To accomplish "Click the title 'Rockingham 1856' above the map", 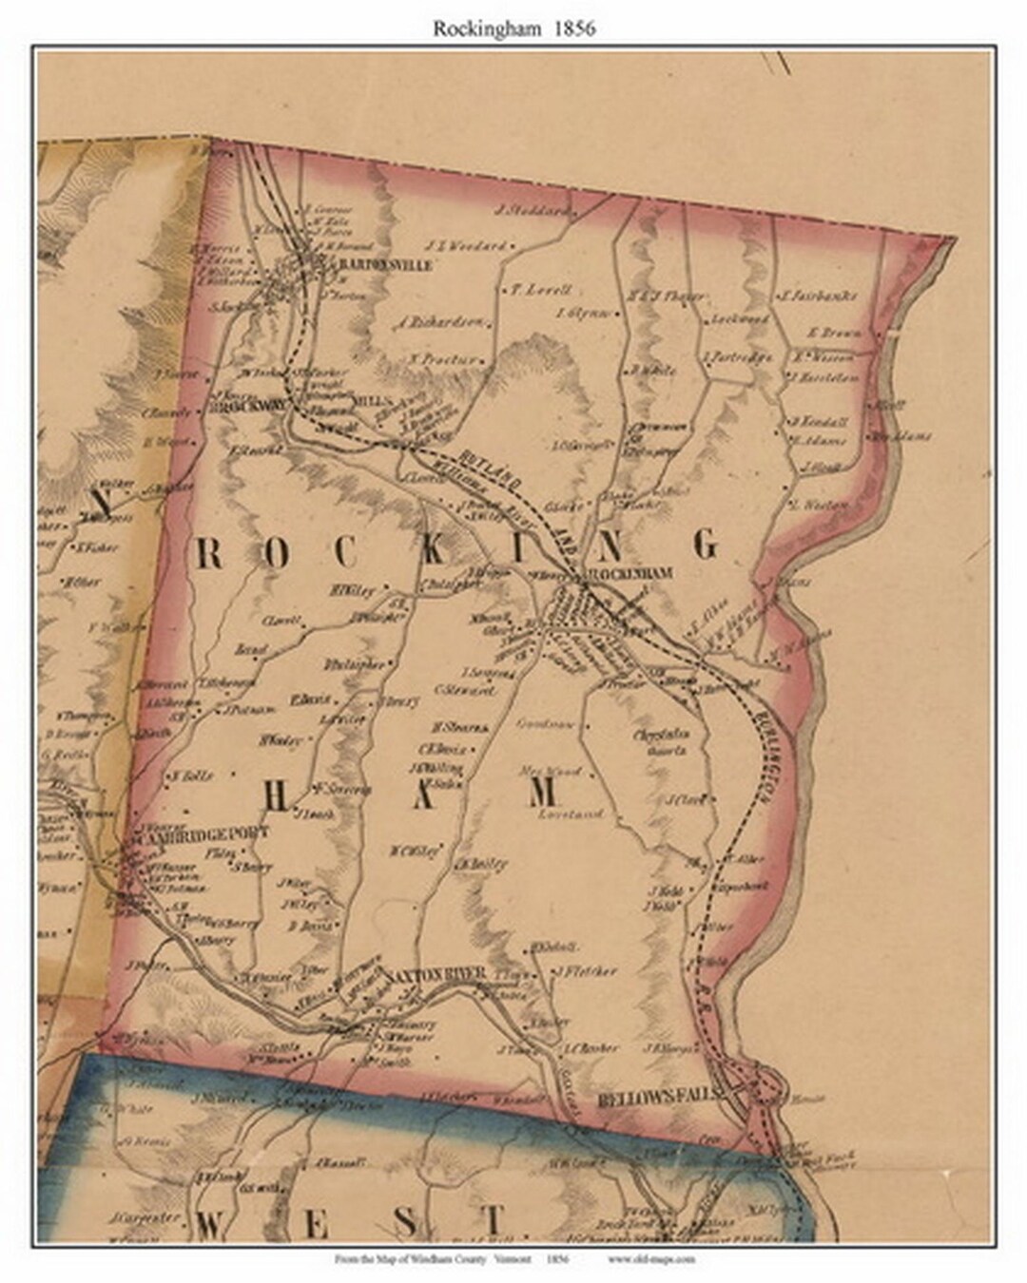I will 514,29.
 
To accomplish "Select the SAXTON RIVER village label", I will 436,974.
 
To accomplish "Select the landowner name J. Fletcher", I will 585,971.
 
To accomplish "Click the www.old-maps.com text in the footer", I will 650,1259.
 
